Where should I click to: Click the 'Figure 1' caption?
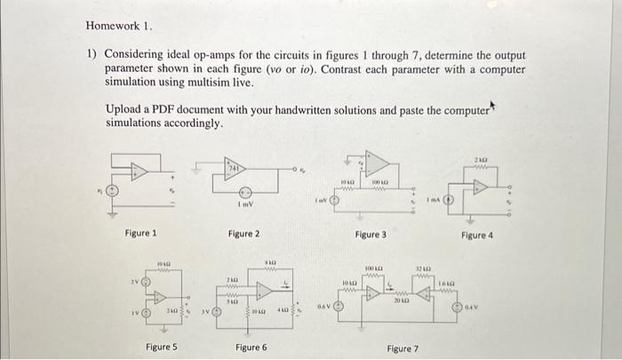141,233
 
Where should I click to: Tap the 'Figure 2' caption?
243,233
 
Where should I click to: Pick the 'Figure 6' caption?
251,348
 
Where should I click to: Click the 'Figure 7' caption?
403,348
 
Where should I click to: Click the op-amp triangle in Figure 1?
138,172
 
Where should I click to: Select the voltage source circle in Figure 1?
112,190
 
